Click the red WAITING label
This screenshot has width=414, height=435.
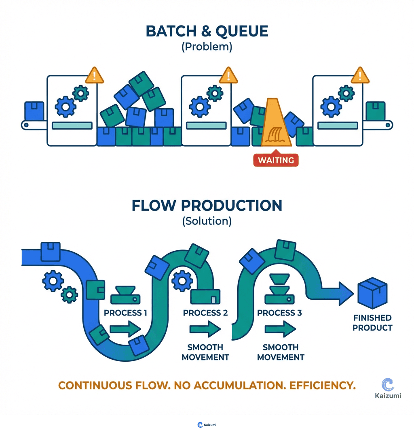click(x=276, y=160)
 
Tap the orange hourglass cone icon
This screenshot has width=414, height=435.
click(x=275, y=124)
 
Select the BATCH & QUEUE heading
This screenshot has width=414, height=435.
click(x=207, y=32)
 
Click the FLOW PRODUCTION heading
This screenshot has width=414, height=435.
click(x=207, y=205)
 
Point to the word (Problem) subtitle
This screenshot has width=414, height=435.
click(x=207, y=47)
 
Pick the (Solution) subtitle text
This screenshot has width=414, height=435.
click(x=207, y=221)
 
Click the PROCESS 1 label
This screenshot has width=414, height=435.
click(x=126, y=313)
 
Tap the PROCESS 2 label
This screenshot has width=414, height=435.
click(x=205, y=313)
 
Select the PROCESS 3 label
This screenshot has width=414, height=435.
click(x=279, y=313)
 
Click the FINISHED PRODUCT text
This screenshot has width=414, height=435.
click(x=372, y=323)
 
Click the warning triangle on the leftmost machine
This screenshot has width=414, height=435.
click(x=95, y=75)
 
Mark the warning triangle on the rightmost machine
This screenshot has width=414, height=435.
click(x=360, y=75)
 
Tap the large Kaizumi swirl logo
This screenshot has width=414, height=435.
click(x=388, y=385)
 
